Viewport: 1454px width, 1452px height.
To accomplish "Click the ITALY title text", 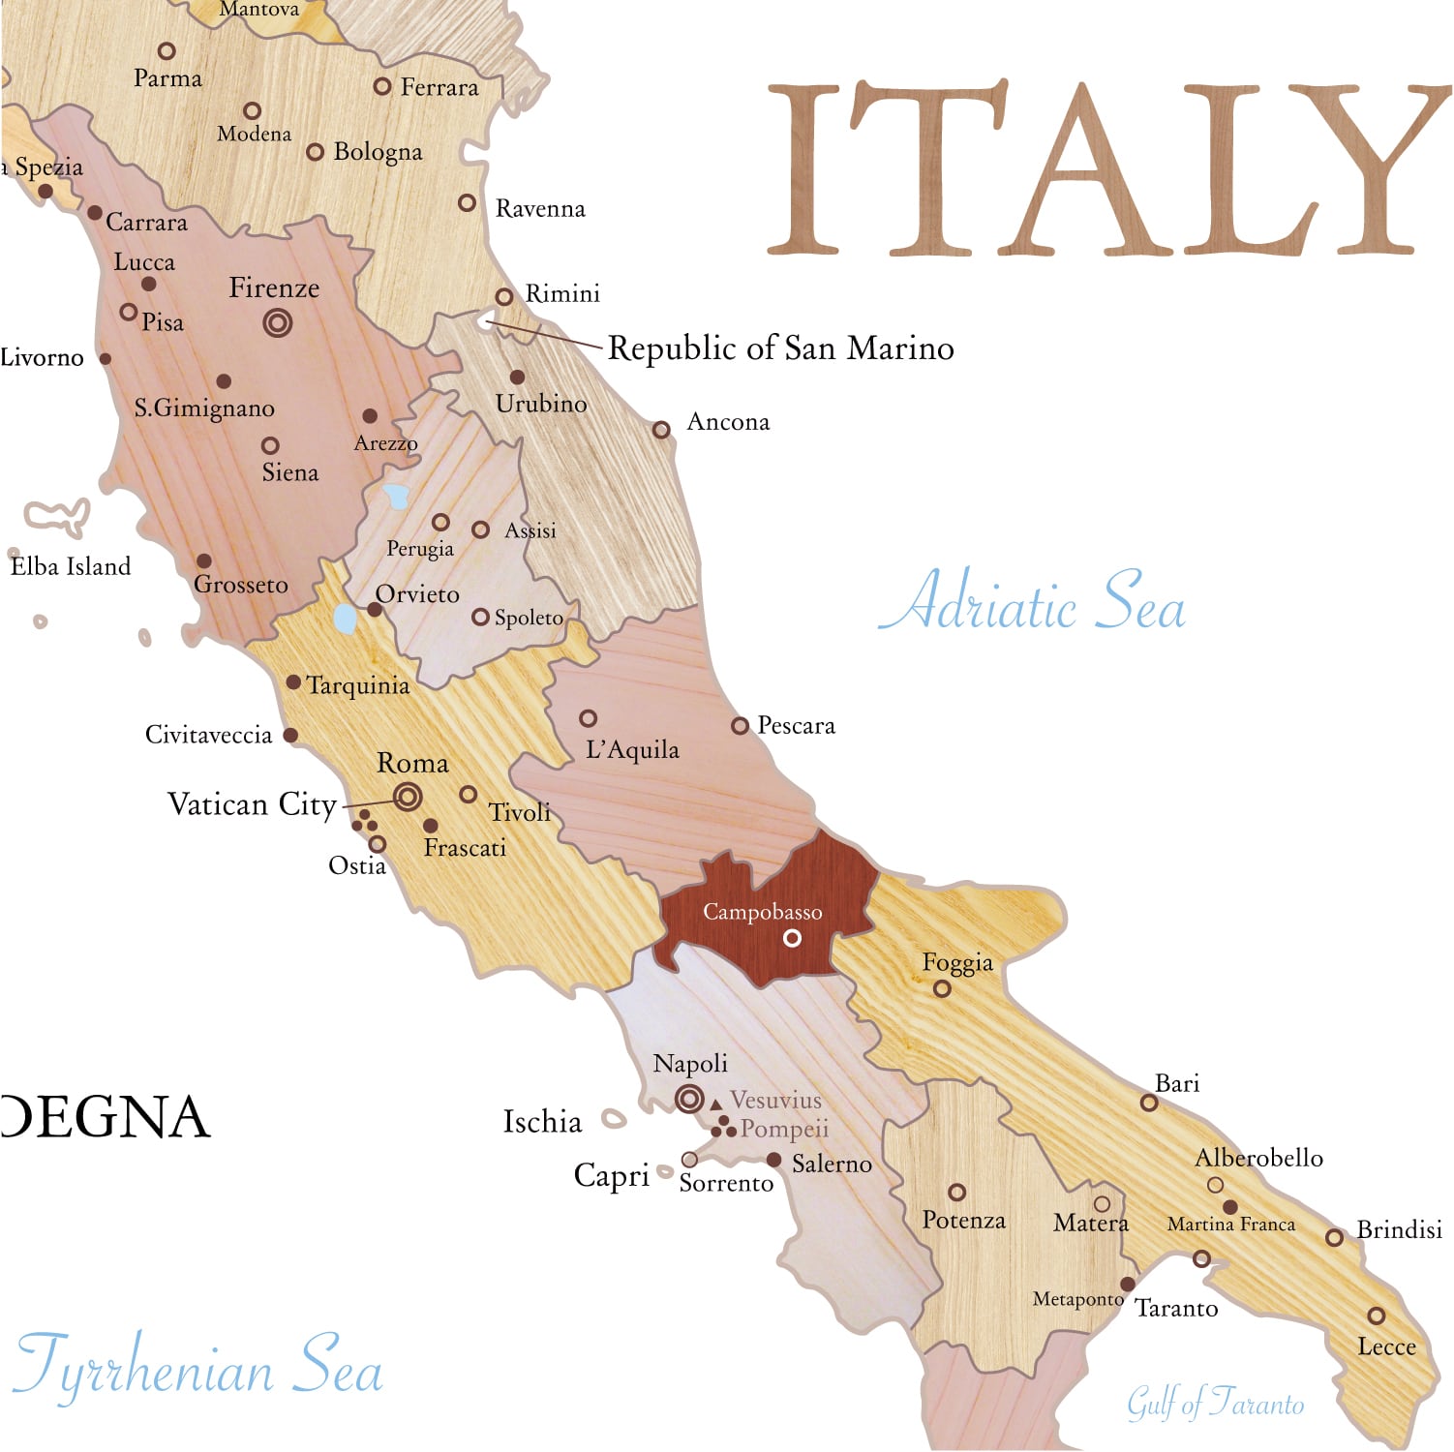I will pyautogui.click(x=1104, y=170).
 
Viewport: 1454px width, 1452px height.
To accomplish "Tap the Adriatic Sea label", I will pyautogui.click(x=1032, y=603).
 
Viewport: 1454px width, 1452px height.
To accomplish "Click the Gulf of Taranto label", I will pyautogui.click(x=1215, y=1403).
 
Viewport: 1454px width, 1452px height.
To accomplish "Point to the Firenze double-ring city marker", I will pyautogui.click(x=278, y=322).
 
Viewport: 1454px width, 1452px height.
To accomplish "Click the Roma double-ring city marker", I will pyautogui.click(x=408, y=797).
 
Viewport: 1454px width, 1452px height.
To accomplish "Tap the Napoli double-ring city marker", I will pyautogui.click(x=689, y=1099).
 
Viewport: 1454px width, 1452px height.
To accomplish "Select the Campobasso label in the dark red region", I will pyautogui.click(x=762, y=912).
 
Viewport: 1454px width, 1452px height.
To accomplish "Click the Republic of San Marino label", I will pyautogui.click(x=780, y=348).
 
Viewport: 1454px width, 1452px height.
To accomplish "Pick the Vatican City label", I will pyautogui.click(x=252, y=804).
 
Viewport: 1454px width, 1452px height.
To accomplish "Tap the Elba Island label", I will pyautogui.click(x=71, y=566).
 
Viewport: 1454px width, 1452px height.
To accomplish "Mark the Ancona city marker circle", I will pyautogui.click(x=661, y=430).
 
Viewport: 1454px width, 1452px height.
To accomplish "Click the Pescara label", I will pyautogui.click(x=796, y=725).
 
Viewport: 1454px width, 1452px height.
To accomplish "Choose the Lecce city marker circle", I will pyautogui.click(x=1376, y=1316).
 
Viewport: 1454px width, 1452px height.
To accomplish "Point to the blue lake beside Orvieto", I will pyautogui.click(x=345, y=619).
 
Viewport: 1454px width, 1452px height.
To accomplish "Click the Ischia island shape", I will pyautogui.click(x=614, y=1120).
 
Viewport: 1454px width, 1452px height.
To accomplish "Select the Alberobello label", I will pyautogui.click(x=1258, y=1158).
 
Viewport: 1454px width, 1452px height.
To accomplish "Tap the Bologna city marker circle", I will pyautogui.click(x=315, y=152).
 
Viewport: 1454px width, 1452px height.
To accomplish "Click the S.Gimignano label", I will pyautogui.click(x=204, y=408).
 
